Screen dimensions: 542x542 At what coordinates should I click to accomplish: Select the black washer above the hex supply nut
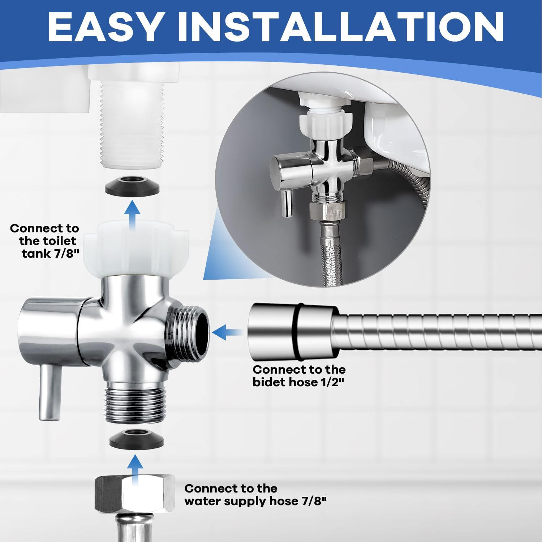137,439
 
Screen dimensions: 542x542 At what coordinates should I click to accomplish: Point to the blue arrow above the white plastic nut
133,215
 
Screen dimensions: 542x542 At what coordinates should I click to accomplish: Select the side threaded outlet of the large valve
188,333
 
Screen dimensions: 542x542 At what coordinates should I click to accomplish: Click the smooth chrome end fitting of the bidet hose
293,333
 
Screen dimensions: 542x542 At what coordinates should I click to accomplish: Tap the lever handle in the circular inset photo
288,204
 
